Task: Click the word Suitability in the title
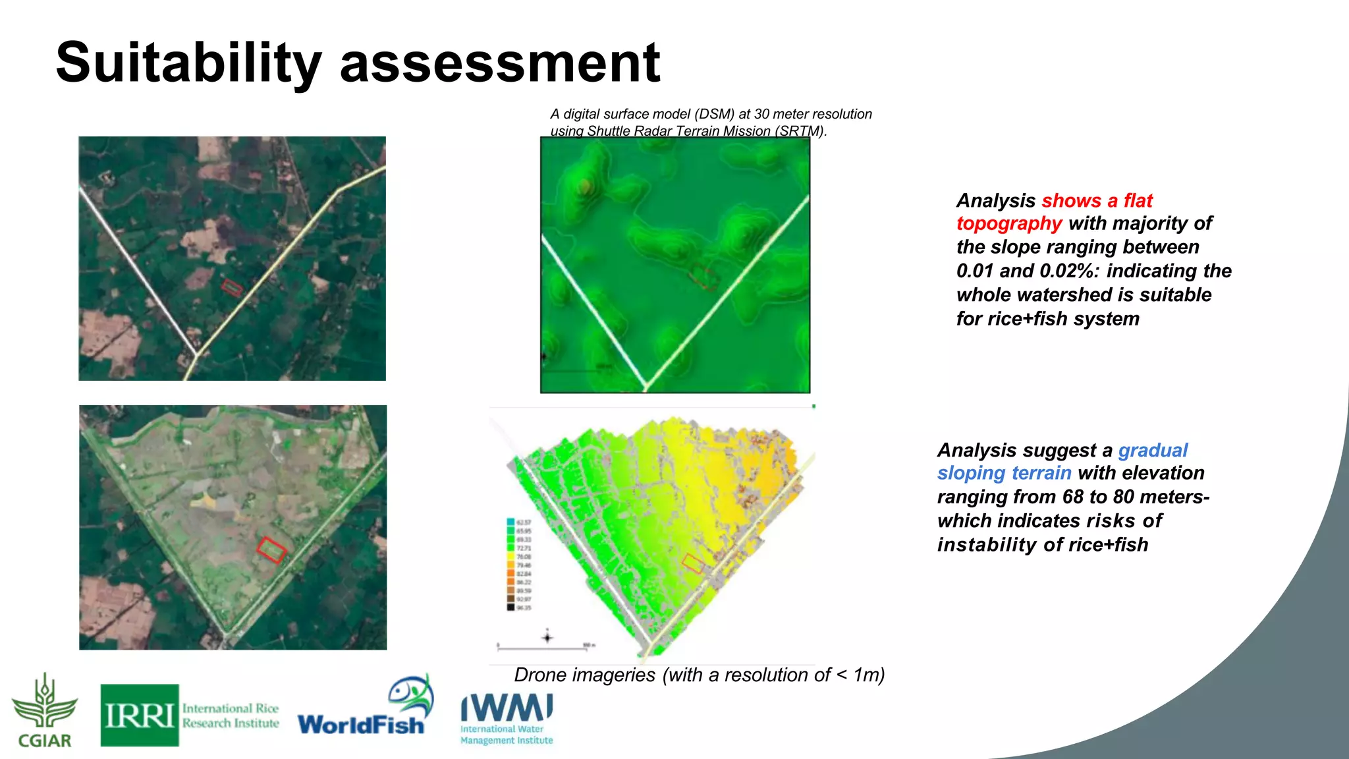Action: (188, 63)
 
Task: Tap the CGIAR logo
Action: (44, 711)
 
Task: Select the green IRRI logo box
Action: (140, 715)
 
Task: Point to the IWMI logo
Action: (507, 718)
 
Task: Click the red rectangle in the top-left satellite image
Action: (232, 287)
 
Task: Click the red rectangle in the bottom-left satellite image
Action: (271, 549)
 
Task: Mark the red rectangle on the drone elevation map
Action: (692, 563)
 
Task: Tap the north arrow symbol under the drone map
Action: (547, 637)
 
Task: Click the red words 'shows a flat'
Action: (1097, 200)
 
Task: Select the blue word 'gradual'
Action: (1153, 450)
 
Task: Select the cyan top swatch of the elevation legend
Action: (510, 522)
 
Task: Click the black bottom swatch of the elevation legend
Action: (510, 607)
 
